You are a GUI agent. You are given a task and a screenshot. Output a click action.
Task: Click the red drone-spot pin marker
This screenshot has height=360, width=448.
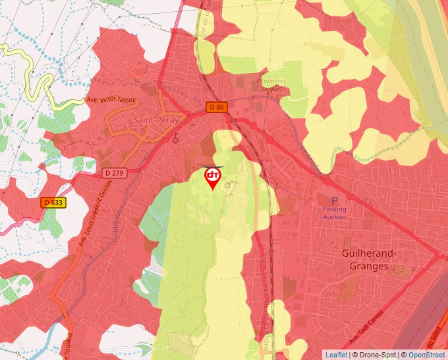212,177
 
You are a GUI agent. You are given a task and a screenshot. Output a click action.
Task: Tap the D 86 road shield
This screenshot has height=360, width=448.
215,107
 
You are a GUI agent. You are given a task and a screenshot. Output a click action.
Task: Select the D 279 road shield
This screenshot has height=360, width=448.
114,173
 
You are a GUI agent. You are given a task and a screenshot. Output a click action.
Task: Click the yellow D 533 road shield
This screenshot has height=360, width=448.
52,203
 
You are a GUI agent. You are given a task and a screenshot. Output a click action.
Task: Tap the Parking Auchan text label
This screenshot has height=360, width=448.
334,213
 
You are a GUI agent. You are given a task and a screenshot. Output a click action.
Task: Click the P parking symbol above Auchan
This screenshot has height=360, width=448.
334,200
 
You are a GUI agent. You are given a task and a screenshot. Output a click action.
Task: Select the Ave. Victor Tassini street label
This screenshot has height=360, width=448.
111,101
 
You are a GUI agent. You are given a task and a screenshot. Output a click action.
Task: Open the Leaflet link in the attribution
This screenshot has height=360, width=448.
336,355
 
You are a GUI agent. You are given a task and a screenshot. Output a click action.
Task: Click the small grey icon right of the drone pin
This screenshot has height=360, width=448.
228,186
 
